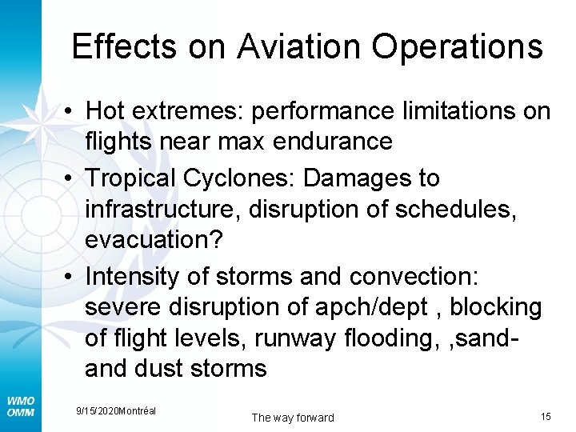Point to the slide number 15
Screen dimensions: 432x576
coord(546,417)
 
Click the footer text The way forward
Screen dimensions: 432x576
coord(293,418)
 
